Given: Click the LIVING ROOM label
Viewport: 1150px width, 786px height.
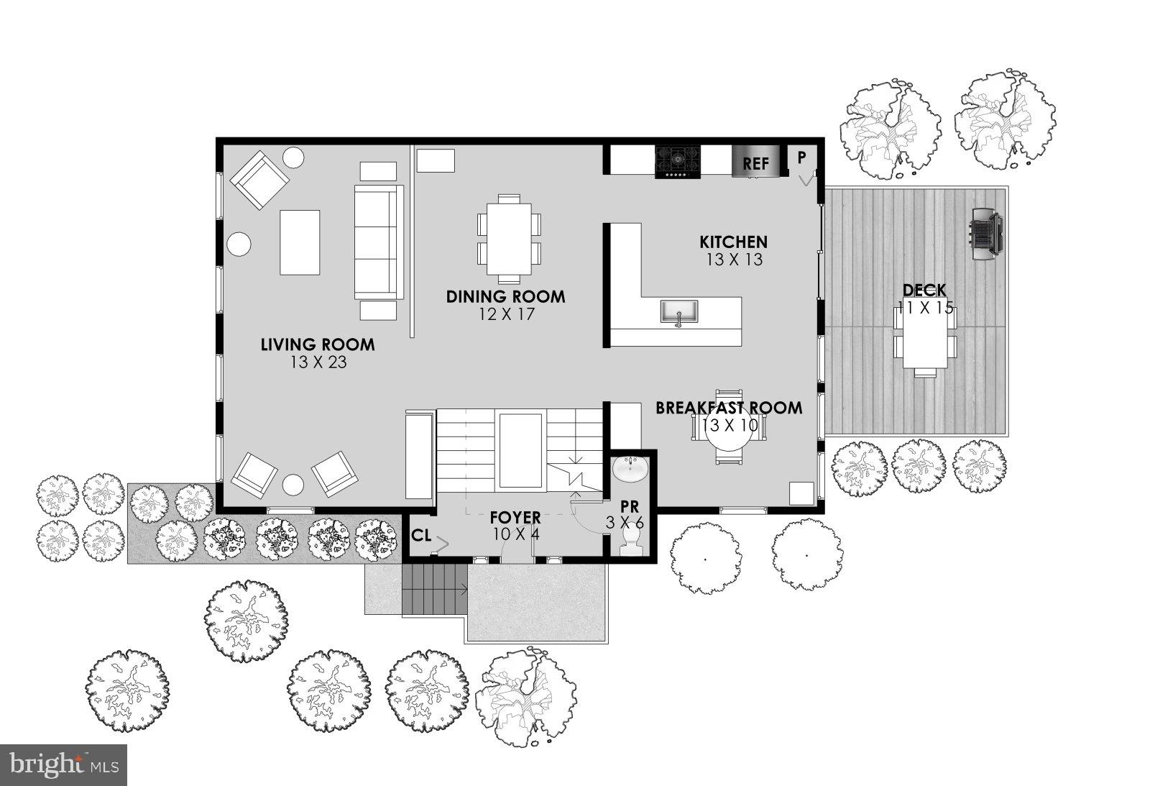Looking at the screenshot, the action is coord(317,344).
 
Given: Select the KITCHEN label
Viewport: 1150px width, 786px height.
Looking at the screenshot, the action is coord(733,242).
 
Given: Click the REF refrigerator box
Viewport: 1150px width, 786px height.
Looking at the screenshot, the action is coord(755,163).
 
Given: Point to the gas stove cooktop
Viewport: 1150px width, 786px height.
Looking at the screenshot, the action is coord(676,162).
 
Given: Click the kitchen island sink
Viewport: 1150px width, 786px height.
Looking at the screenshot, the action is coord(678,311).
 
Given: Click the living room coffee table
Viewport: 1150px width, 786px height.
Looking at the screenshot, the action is coord(299,242).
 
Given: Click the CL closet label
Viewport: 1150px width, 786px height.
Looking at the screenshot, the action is coord(422,536).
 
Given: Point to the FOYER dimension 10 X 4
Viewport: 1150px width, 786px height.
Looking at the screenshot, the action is coord(515,534).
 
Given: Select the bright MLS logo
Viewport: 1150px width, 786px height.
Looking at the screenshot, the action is coord(64,764).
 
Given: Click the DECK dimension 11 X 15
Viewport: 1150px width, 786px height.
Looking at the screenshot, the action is coord(925,309).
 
